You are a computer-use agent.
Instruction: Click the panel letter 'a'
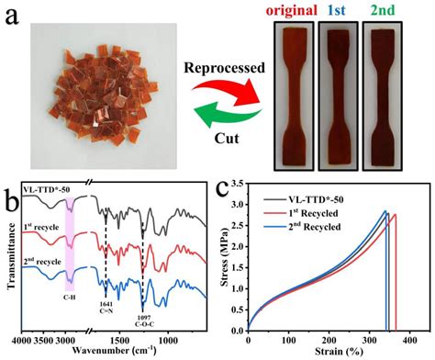[12, 20]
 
